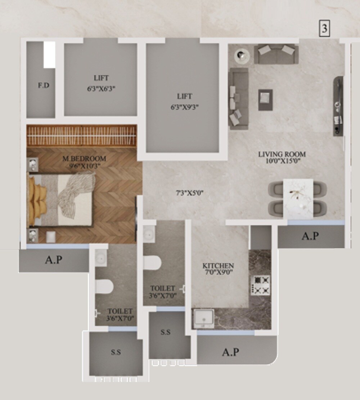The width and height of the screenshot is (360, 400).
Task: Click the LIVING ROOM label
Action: [x=282, y=154]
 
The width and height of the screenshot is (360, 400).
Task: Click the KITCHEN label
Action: [x=218, y=266]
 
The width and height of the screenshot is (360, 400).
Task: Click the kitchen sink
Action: [x=203, y=319]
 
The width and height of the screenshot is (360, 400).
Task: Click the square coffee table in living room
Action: [x=265, y=99]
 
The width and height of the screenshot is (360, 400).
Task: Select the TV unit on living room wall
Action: [x=338, y=106]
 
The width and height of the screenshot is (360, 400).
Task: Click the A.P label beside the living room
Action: [x=310, y=236]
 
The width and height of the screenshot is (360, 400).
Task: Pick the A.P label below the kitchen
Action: [x=230, y=352]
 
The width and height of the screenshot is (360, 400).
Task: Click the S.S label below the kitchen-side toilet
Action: [x=166, y=332]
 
